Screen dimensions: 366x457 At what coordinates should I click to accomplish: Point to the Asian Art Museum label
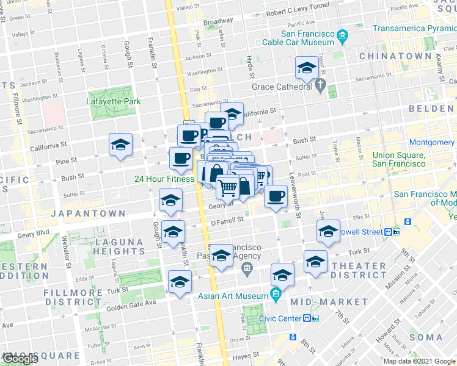click(x=233, y=296)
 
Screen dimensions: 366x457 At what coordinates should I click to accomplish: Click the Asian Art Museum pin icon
click(x=275, y=296)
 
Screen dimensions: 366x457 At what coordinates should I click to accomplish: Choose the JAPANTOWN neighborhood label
click(x=89, y=214)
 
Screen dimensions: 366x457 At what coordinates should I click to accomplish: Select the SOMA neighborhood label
click(x=426, y=337)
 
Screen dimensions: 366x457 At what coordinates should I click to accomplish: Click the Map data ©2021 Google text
click(x=419, y=361)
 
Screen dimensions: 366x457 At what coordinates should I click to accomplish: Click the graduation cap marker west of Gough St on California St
click(x=120, y=145)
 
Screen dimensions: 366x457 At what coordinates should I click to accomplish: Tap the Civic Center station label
click(x=285, y=318)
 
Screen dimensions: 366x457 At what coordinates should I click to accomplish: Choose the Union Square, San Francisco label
click(x=399, y=160)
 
